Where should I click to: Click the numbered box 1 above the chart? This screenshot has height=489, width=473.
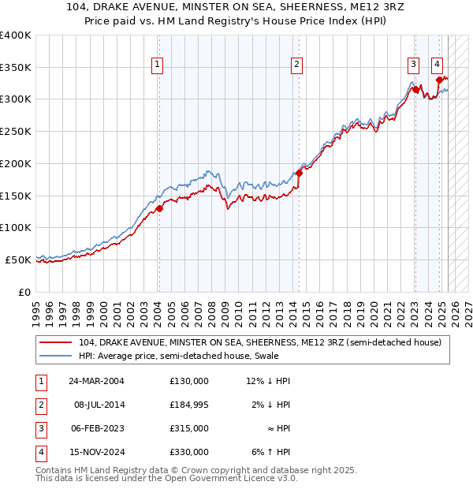[x=158, y=65]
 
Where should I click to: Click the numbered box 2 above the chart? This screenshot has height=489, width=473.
[x=296, y=65]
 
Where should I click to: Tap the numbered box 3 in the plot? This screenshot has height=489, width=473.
[x=413, y=65]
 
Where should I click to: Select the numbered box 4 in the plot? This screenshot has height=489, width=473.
[x=437, y=65]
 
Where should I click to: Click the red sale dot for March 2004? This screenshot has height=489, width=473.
[x=159, y=208]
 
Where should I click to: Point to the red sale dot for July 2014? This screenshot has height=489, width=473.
[x=300, y=173]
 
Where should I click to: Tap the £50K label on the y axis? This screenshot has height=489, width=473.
[x=18, y=259]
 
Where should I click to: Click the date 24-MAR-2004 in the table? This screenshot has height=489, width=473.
[x=97, y=381]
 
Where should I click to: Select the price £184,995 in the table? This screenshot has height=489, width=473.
[x=189, y=405]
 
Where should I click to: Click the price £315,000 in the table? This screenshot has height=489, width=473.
[x=189, y=428]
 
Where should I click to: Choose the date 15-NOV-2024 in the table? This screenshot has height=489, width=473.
[x=96, y=452]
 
